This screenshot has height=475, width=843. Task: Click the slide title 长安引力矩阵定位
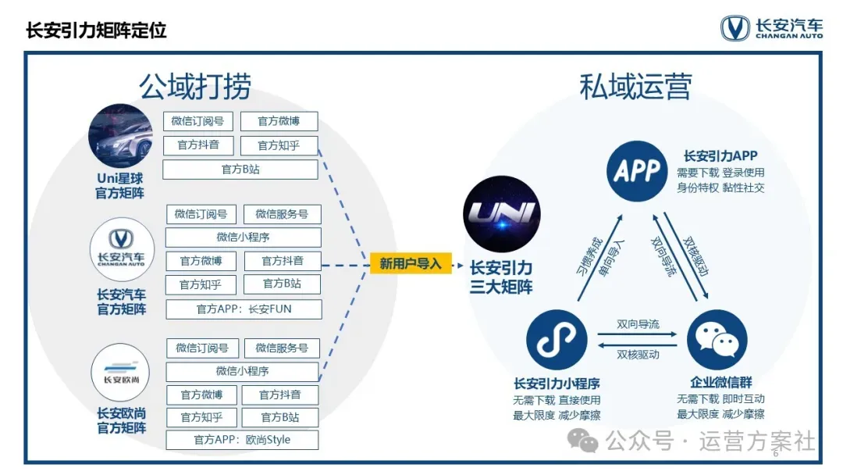tap(96, 30)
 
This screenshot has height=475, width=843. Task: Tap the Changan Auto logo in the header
tap(770, 28)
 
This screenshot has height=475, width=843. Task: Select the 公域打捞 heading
tap(195, 87)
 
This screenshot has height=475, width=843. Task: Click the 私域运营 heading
tap(635, 87)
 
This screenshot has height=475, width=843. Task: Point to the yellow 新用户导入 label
tap(411, 264)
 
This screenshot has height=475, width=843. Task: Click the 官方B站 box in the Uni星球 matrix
tap(240, 169)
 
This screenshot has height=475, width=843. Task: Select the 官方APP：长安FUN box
tap(244, 309)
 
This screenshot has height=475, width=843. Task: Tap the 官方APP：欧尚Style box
tap(242, 440)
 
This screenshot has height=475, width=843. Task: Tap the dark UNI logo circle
tap(501, 214)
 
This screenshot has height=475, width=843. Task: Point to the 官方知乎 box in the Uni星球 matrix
tap(278, 145)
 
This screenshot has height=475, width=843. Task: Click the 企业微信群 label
tap(721, 383)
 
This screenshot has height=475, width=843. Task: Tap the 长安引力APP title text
tap(720, 155)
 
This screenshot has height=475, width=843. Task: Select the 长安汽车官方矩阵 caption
tap(121, 302)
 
